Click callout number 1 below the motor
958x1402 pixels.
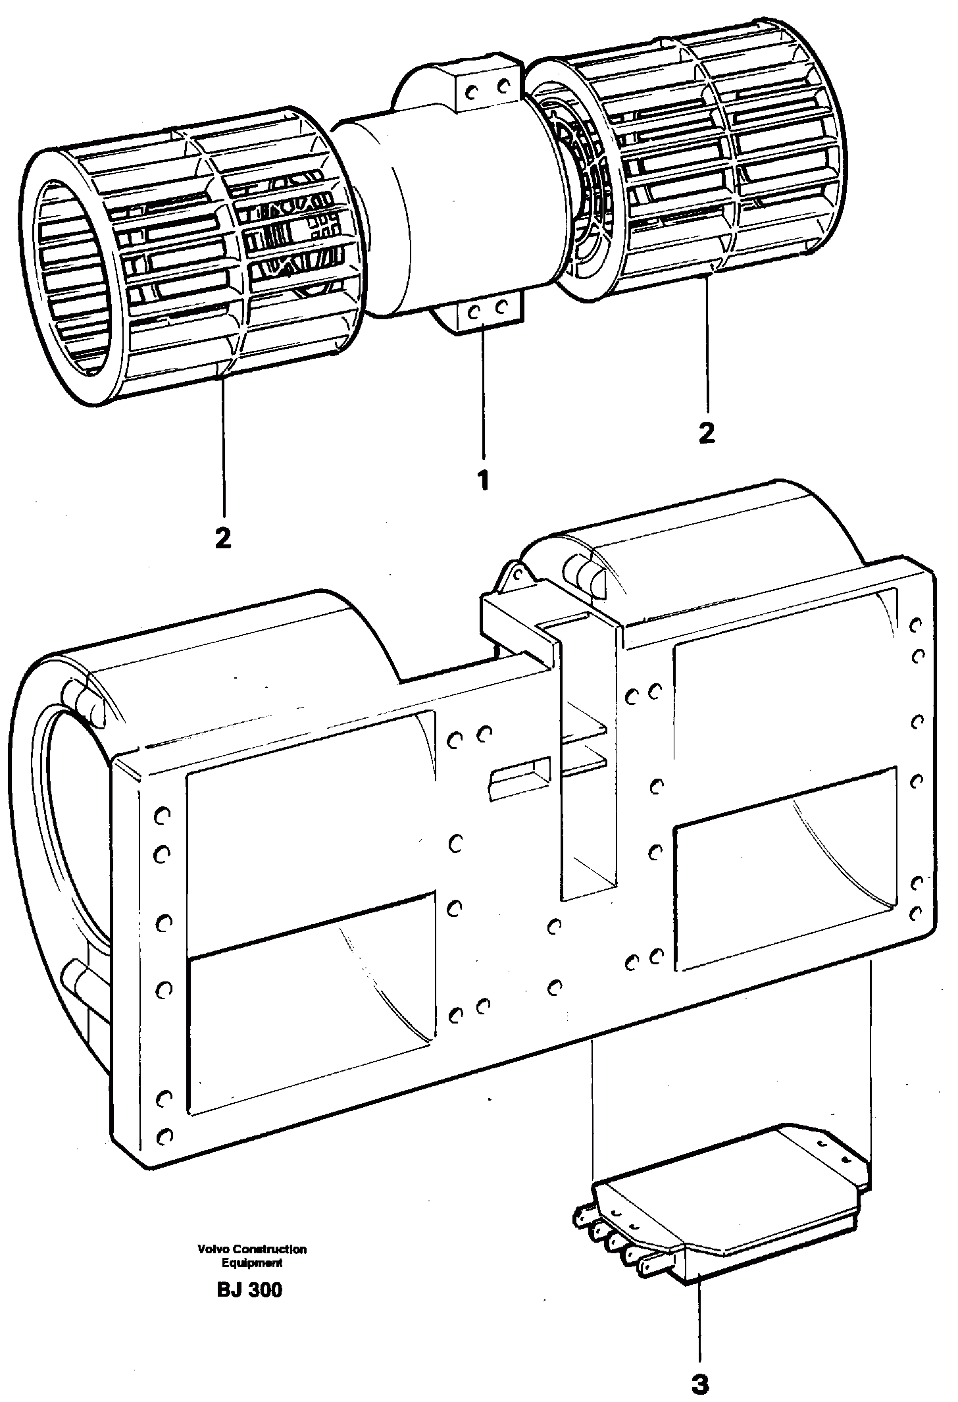(x=484, y=480)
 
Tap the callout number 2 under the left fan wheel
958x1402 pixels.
(x=223, y=538)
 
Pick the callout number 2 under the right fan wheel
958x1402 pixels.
(x=707, y=432)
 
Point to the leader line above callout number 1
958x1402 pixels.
(x=484, y=395)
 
